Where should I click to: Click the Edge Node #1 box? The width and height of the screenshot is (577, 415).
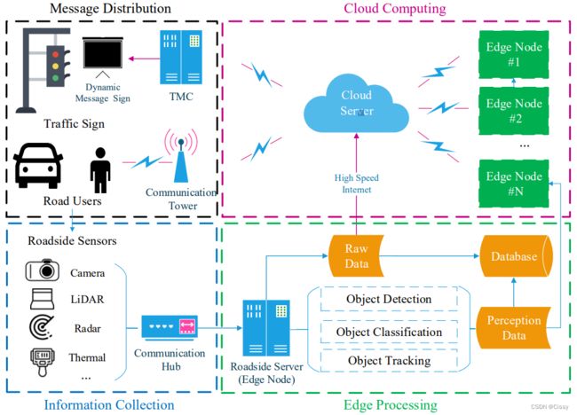514,54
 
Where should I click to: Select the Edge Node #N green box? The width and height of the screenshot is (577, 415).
514,184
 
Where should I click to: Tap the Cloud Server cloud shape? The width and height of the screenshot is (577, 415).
356,104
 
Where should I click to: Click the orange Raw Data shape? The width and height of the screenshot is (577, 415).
356,256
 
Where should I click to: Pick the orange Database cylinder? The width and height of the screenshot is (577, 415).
516,256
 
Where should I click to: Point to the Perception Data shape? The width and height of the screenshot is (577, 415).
514,327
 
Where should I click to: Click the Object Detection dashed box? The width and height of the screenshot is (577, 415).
389,299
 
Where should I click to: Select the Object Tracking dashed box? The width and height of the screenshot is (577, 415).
389,361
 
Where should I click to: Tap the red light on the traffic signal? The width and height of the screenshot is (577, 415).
55,55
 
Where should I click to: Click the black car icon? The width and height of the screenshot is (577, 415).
38,166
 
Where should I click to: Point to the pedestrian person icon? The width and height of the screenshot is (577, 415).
100,170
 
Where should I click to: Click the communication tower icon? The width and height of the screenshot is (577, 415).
181,156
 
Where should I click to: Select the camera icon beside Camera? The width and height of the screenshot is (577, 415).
43,270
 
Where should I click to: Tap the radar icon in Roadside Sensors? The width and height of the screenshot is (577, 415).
42,327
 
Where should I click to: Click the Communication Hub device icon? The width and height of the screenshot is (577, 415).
170,326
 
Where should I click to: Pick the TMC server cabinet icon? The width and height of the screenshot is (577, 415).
181,58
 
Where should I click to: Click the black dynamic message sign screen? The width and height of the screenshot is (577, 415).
103,53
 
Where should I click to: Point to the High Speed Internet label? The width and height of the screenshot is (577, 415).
356,184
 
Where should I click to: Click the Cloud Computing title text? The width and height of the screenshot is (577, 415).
394,8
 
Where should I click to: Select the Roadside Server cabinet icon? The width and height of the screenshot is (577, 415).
266,328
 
